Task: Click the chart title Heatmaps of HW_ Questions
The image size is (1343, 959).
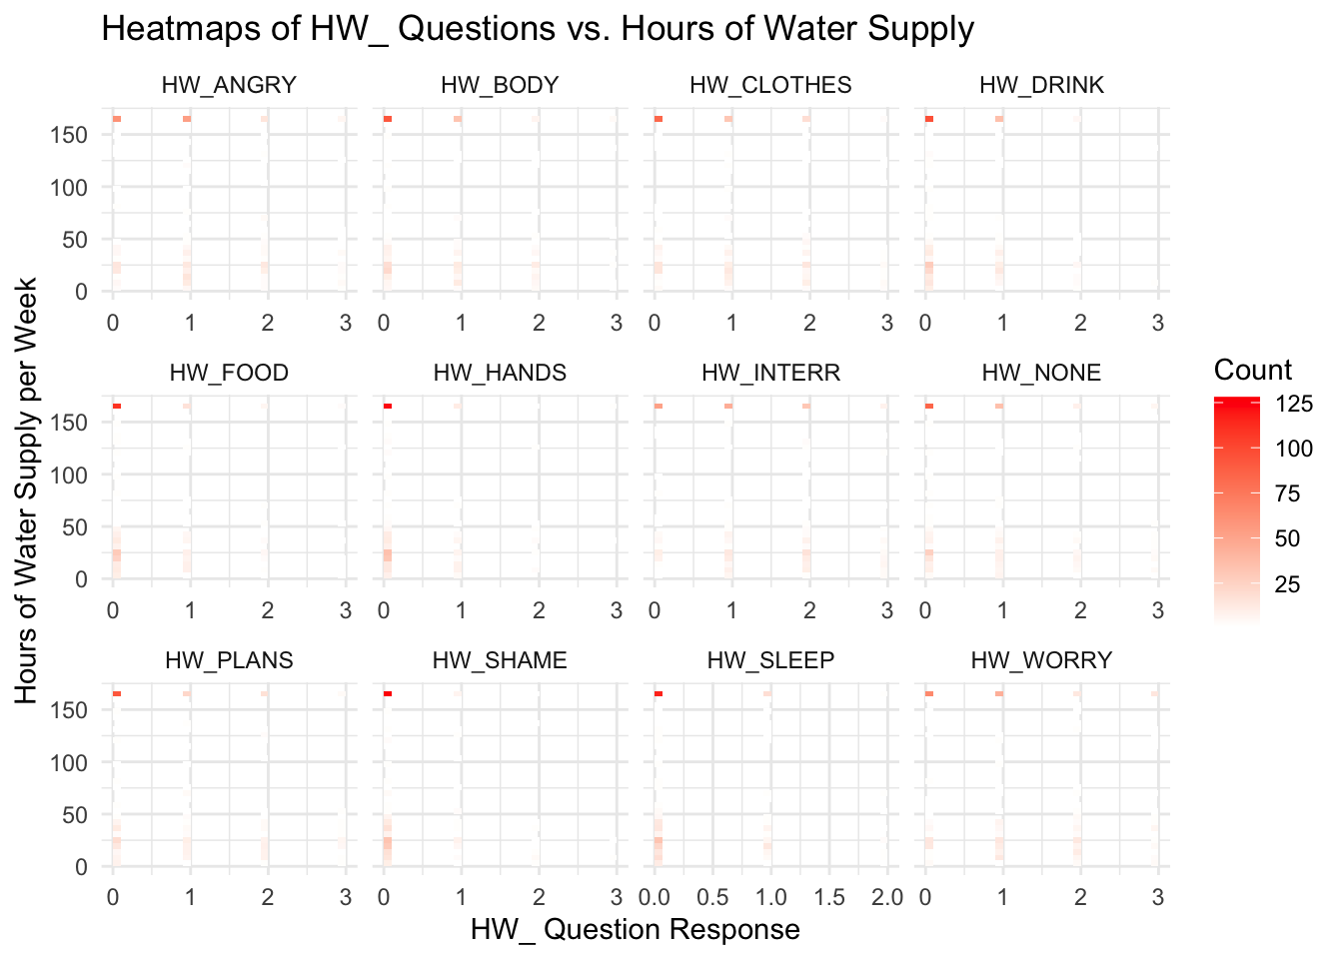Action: coord(537,28)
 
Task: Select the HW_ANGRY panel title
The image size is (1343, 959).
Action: coord(229,85)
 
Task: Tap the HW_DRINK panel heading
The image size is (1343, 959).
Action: coord(1042,85)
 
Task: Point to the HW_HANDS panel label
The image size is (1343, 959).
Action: coord(500,373)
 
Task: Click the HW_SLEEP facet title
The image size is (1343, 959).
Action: coord(770,660)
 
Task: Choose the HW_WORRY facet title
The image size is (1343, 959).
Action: coord(1041,660)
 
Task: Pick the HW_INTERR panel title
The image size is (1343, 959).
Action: coord(770,373)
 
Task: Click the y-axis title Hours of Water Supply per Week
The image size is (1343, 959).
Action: coord(27,490)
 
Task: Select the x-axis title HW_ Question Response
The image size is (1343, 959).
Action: coord(636,930)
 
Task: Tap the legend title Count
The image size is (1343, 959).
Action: coord(1253,371)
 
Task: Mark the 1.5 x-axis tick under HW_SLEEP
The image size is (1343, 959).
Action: coord(828,896)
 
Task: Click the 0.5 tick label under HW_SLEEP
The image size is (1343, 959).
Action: coord(712,896)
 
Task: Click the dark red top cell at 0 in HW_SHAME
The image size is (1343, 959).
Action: coord(388,693)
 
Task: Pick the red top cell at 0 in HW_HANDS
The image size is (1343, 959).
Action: coord(388,406)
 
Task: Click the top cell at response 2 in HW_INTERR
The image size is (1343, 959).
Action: coord(806,406)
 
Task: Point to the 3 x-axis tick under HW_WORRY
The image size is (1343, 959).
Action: coord(1158,896)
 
